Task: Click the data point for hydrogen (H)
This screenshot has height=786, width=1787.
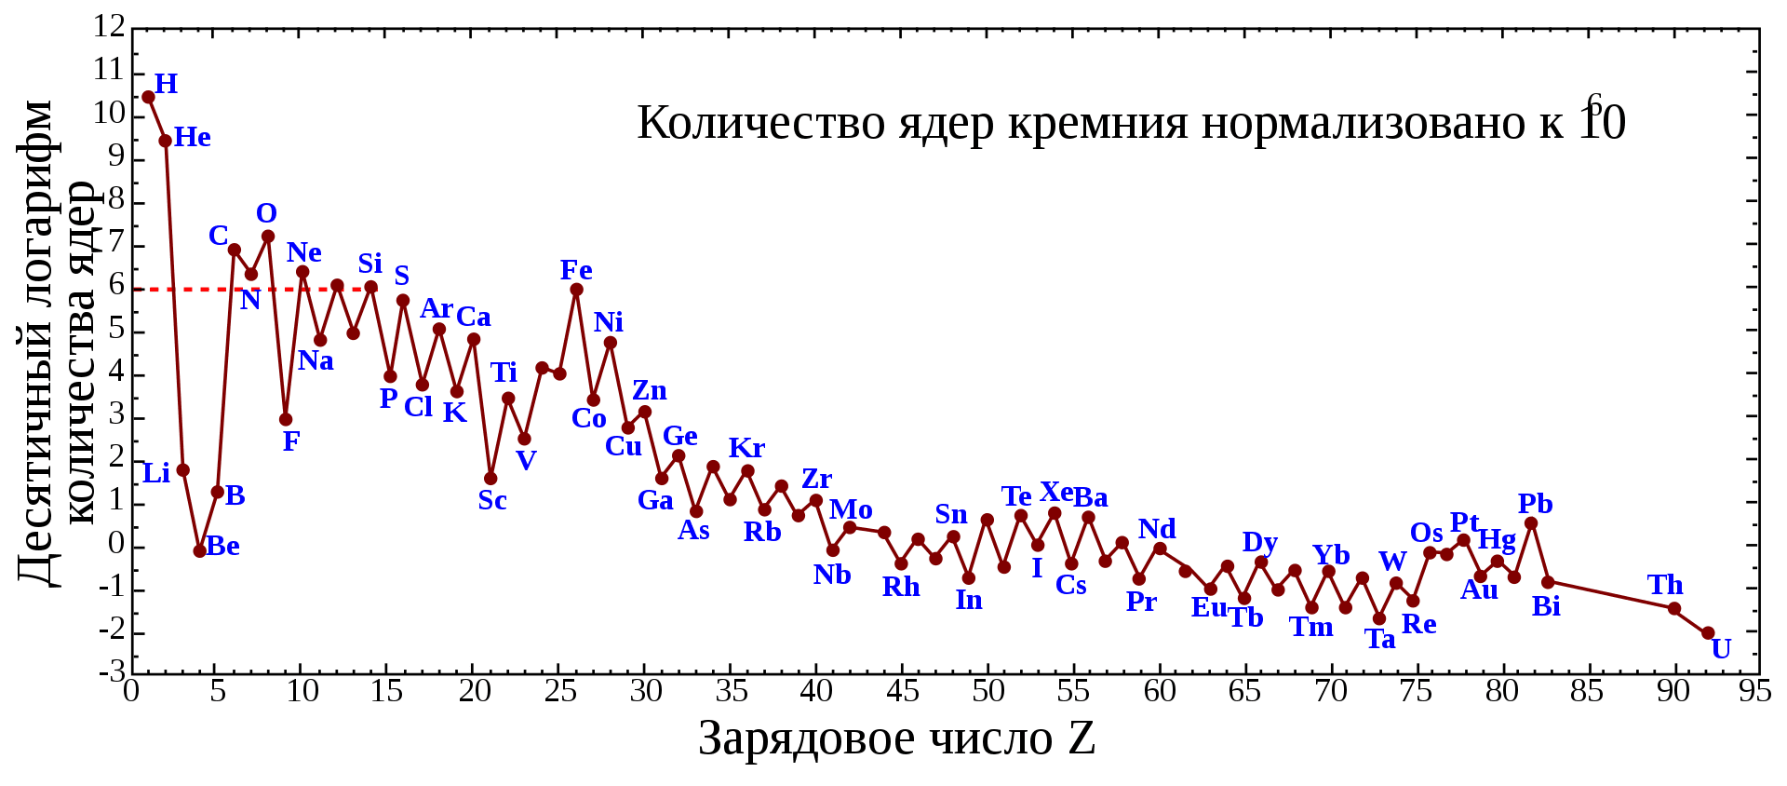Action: [148, 97]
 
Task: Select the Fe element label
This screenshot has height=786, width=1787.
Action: [576, 270]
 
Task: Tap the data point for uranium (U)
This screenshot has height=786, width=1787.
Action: [1708, 633]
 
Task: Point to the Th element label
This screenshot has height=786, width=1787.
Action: [1665, 585]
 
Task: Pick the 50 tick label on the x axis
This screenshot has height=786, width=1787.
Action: [988, 692]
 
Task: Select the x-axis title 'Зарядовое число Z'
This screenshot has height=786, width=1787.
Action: [896, 739]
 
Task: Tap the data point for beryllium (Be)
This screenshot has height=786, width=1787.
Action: [199, 551]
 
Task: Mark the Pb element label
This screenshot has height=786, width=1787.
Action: [1535, 504]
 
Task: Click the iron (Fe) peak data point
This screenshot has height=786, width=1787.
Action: [577, 290]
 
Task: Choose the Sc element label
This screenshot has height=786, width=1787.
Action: [492, 501]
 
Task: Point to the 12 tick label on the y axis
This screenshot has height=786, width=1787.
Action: [109, 27]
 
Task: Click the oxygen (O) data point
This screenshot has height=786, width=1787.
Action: [268, 237]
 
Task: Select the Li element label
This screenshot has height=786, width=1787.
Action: [156, 474]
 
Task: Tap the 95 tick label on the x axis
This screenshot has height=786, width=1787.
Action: [1754, 692]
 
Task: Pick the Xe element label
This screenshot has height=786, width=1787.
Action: [1056, 492]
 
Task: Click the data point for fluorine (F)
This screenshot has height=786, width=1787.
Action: [286, 420]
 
